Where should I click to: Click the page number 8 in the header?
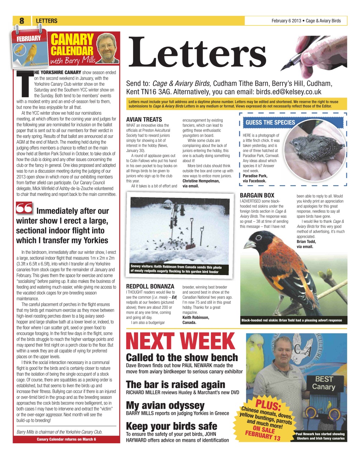pyautogui.click(x=22, y=21)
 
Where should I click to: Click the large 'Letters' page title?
pyautogui.click(x=198, y=53)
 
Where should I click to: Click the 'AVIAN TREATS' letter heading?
pyautogui.click(x=144, y=119)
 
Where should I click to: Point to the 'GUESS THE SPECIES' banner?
pyautogui.click(x=270, y=122)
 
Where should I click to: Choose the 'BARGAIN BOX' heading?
pyautogui.click(x=257, y=195)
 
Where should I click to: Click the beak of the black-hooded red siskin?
pyautogui.click(x=248, y=245)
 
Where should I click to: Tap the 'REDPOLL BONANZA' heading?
pyautogui.click(x=150, y=287)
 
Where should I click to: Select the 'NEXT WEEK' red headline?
pyautogui.click(x=180, y=341)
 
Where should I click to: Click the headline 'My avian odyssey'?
pyautogui.click(x=165, y=405)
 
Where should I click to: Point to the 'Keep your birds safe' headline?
pyautogui.click(x=171, y=426)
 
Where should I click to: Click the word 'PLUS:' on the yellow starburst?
pyautogui.click(x=267, y=405)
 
